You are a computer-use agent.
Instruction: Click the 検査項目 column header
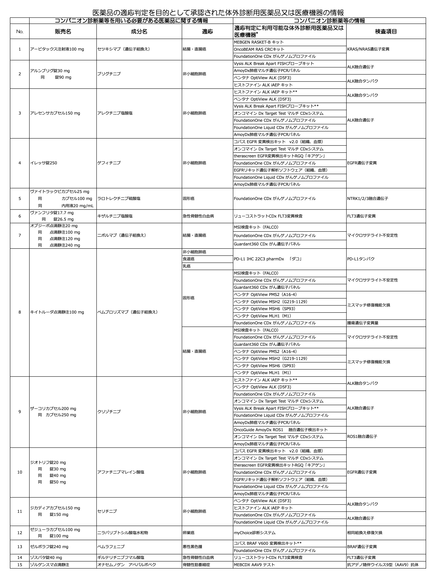tap(386, 32)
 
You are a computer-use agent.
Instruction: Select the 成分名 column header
tap(139, 32)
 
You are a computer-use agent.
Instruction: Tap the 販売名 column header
tap(63, 32)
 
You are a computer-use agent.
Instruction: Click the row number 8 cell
tap(19, 312)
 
